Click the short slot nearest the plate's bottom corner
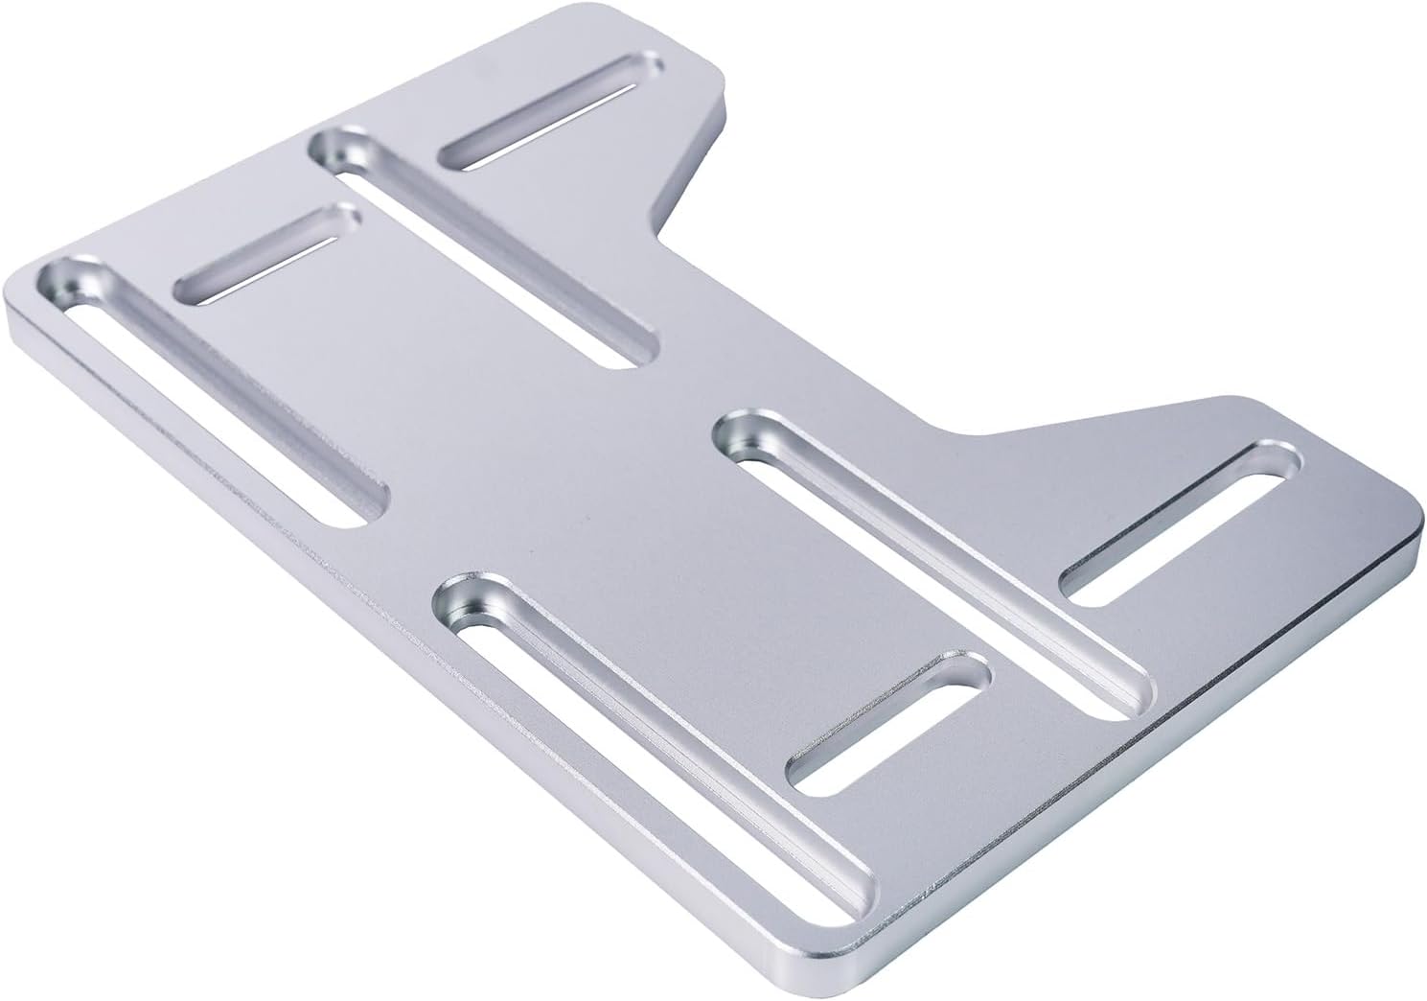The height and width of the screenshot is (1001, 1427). (887, 721)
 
